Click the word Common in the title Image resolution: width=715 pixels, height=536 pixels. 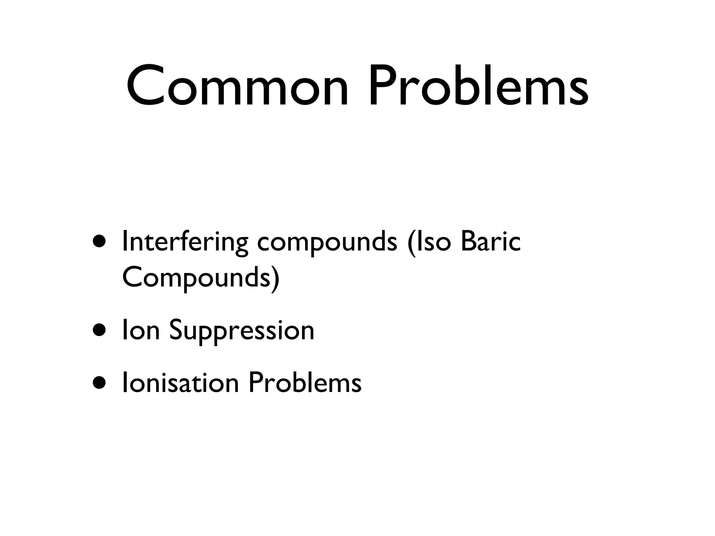[237, 86]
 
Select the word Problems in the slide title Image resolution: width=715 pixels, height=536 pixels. [479, 86]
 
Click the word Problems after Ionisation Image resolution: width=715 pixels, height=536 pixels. [305, 382]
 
